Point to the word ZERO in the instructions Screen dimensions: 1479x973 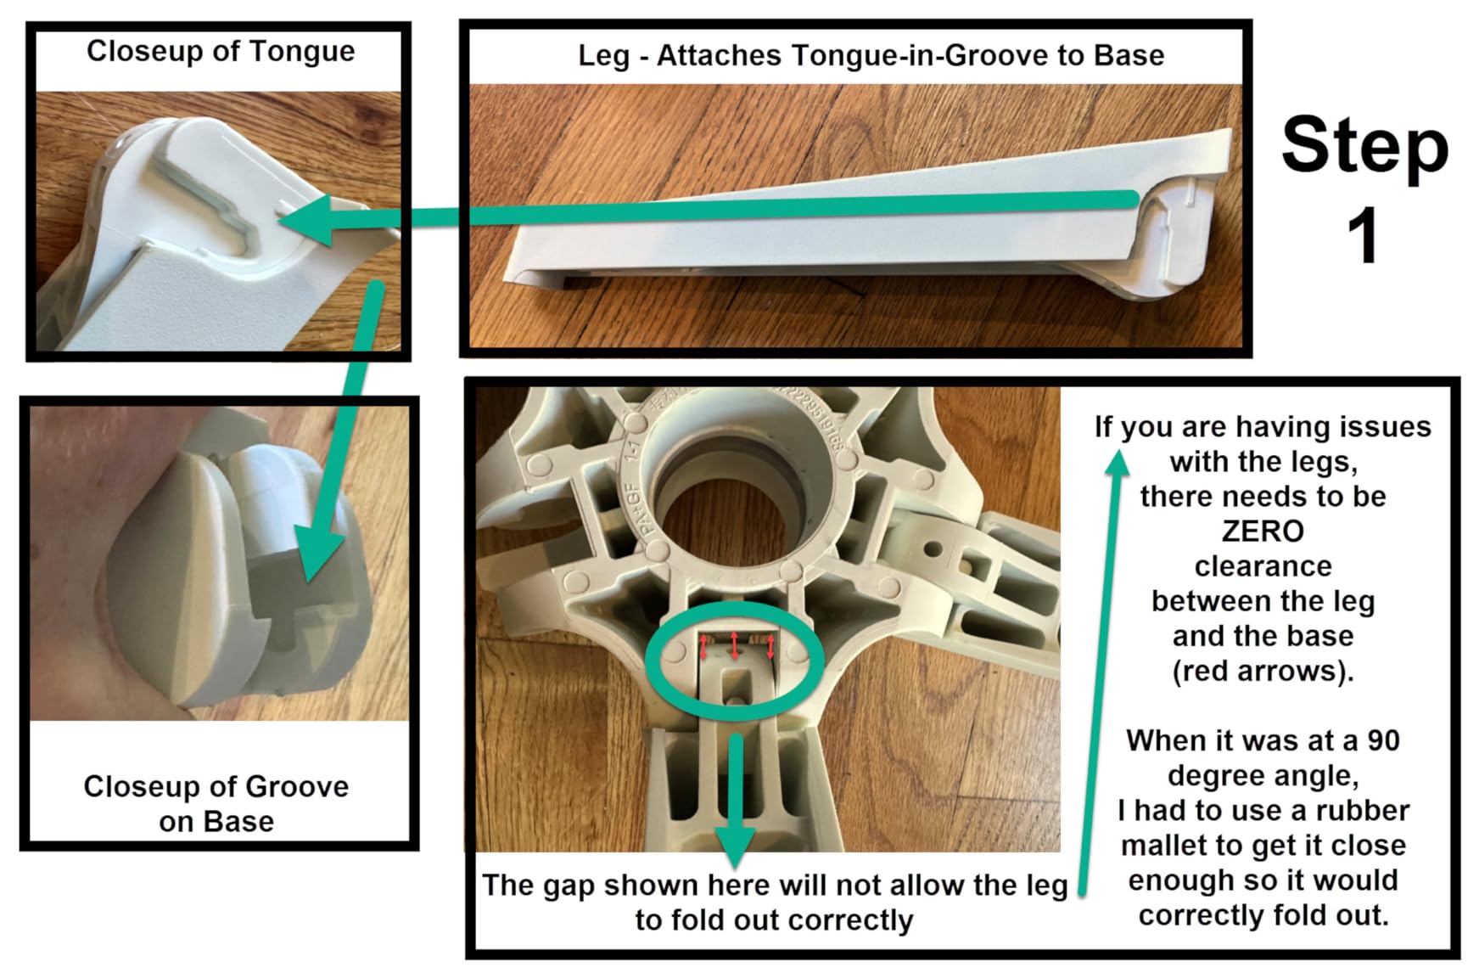pos(1263,531)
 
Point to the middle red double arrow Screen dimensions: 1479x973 pos(735,645)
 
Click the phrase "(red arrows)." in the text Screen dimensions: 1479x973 pos(1263,672)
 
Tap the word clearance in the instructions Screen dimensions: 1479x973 pos(1263,566)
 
